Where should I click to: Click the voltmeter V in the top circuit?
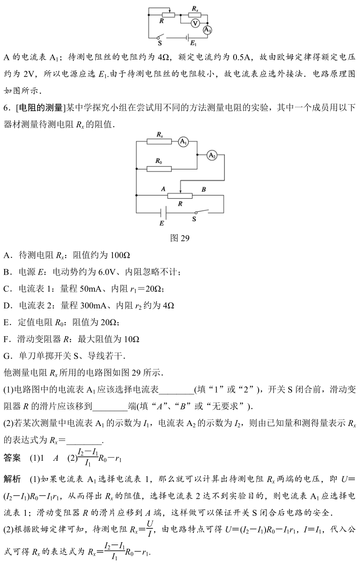(x=195, y=23)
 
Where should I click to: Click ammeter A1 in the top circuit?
(x=207, y=30)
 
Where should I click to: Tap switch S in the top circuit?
(x=160, y=37)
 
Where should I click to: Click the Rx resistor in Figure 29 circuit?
(x=159, y=143)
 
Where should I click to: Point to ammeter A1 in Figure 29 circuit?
(x=184, y=143)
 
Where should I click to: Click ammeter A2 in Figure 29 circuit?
(x=212, y=156)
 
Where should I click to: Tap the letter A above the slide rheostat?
(x=163, y=189)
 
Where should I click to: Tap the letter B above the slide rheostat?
(x=204, y=189)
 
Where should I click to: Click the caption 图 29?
(x=180, y=238)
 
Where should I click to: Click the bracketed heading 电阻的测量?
(x=39, y=108)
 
